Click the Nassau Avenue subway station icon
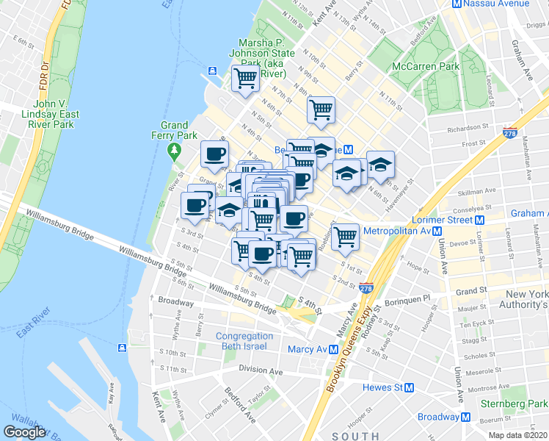tap(457, 4)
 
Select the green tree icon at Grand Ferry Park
tap(174, 152)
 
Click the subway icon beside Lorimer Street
tap(479, 220)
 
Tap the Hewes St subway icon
tap(410, 387)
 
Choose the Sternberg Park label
tap(514, 404)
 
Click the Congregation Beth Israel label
tap(244, 342)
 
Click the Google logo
tap(24, 432)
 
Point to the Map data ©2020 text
tap(517, 435)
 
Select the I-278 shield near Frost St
tap(511, 134)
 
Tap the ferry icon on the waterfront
tap(212, 71)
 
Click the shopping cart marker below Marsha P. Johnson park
tap(245, 79)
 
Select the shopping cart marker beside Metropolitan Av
tap(344, 237)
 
